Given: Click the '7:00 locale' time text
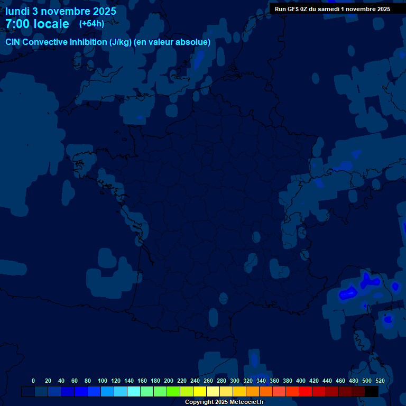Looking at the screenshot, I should [37, 24].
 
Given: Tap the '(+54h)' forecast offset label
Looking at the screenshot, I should [91, 24].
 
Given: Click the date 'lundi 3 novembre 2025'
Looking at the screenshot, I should [61, 11].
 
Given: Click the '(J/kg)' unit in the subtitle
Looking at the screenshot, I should [121, 42].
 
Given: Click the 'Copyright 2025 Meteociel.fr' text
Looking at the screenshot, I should [224, 402].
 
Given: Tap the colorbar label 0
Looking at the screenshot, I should [33, 381].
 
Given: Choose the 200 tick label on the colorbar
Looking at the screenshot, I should [169, 381].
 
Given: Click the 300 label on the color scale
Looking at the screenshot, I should [235, 381].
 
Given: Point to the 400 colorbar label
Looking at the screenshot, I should [301, 381].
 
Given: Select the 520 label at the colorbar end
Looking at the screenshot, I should [380, 381].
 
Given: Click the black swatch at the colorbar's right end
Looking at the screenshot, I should [372, 392].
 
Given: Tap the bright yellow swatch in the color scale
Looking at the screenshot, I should [200, 392].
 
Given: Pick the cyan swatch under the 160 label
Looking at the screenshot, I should [134, 392].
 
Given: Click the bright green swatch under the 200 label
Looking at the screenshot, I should [173, 392].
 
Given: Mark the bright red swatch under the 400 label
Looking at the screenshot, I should [306, 392].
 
